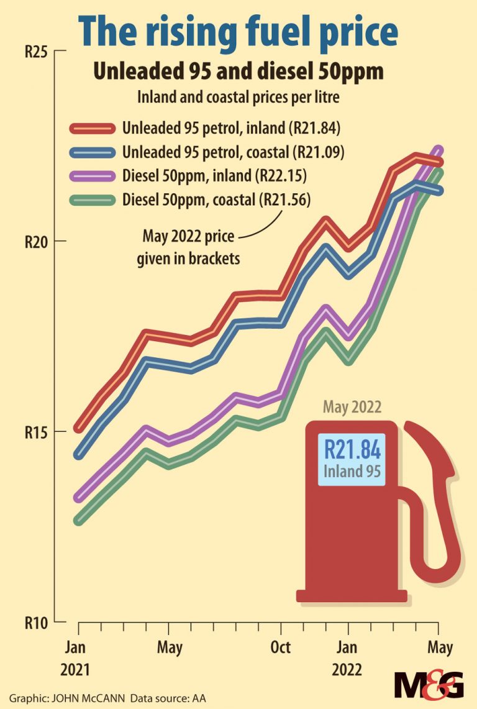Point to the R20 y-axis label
(x=36, y=242)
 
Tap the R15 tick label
(x=36, y=432)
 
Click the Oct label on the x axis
(x=281, y=647)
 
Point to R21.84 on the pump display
(x=353, y=449)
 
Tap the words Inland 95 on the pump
(x=353, y=471)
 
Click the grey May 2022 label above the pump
(x=352, y=408)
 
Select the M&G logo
(x=429, y=686)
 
